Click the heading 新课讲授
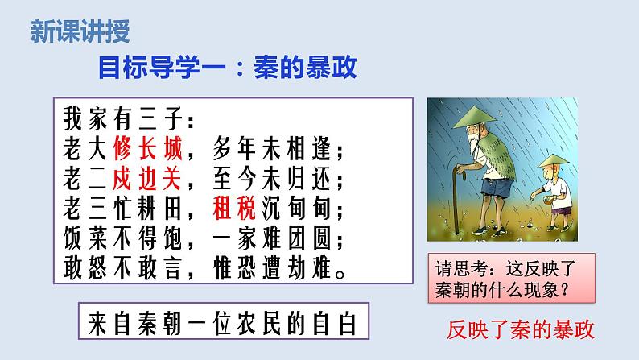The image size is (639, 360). click(x=80, y=31)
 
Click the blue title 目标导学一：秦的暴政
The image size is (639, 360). click(x=228, y=68)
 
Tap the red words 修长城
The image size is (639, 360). click(x=147, y=148)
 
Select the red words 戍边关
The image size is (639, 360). click(x=146, y=179)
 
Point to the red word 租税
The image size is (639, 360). click(x=234, y=209)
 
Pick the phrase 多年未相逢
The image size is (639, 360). click(x=272, y=148)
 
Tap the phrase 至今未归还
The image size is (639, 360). click(x=272, y=179)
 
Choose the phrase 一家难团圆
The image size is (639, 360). click(x=272, y=238)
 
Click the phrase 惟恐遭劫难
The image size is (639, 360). click(x=272, y=269)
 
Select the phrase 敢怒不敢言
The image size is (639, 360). click(x=122, y=269)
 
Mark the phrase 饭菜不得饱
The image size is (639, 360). click(x=122, y=238)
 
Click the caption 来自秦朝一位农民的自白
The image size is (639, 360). click(x=223, y=323)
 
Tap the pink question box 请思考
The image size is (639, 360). click(x=512, y=278)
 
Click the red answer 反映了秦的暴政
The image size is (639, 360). click(x=521, y=329)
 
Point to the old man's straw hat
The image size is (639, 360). click(x=475, y=117)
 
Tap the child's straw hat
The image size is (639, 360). click(x=553, y=160)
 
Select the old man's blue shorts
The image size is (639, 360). click(x=497, y=188)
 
